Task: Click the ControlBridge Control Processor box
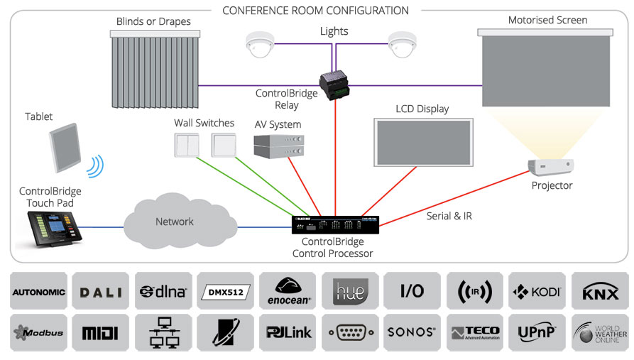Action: tap(335, 225)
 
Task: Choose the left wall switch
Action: tap(186, 145)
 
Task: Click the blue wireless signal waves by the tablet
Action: tap(95, 165)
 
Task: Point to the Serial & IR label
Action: tap(449, 216)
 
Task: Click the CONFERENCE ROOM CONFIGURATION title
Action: tap(315, 11)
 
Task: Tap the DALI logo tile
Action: tap(101, 291)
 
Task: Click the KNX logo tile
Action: tap(599, 291)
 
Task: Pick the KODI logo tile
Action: tap(537, 291)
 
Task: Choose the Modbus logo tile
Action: tap(38, 332)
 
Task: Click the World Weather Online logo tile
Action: tap(599, 332)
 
